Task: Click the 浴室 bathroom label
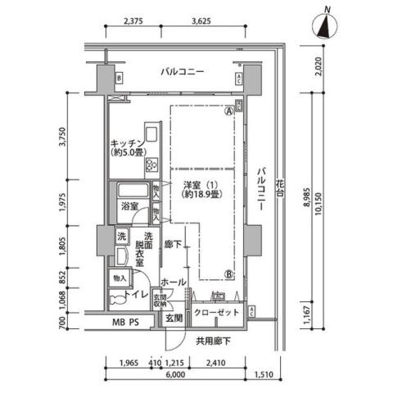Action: (129, 206)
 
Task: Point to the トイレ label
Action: (138, 293)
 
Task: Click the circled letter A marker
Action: (228, 112)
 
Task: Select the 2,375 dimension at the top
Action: (131, 22)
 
